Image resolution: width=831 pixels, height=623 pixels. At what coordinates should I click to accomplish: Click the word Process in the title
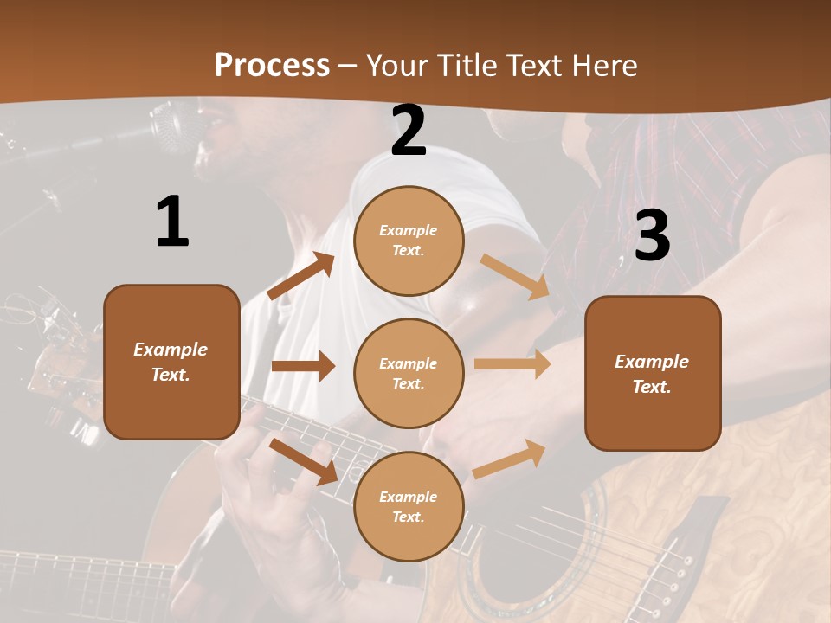[272, 66]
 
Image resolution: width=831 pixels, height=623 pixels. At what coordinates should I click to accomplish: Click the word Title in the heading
[465, 66]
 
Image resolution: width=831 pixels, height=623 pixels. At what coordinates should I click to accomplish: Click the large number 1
[172, 222]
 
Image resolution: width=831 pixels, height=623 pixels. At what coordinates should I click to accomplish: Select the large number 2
[409, 131]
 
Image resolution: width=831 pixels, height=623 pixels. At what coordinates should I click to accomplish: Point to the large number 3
[652, 235]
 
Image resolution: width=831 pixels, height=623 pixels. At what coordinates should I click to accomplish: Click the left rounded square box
[171, 362]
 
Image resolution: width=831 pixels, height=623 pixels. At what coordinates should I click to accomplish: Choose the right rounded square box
[653, 373]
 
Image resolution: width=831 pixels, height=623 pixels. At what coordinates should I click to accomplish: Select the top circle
[409, 241]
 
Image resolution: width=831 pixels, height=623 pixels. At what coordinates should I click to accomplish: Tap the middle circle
[409, 373]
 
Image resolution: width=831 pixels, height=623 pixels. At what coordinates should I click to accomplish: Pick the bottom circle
[409, 506]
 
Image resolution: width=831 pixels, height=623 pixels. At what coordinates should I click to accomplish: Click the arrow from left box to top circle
[301, 276]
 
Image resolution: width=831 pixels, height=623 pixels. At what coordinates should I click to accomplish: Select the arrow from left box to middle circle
[303, 366]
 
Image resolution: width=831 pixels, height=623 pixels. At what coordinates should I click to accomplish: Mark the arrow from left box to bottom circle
[303, 461]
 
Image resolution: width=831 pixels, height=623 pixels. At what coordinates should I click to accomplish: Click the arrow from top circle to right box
[515, 277]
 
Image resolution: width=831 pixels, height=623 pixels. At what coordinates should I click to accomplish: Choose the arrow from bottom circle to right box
[509, 459]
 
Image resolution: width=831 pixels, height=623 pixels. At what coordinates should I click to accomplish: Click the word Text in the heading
[534, 66]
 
